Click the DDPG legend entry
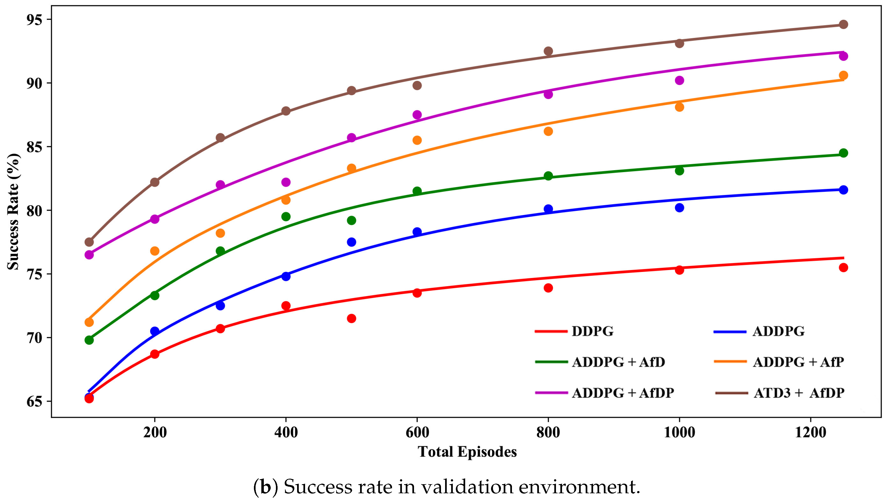(x=574, y=331)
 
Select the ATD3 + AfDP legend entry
(x=780, y=393)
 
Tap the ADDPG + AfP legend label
(x=798, y=362)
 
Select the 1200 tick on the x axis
(x=810, y=433)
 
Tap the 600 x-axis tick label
(x=417, y=433)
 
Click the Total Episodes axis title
(x=467, y=452)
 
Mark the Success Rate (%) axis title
(x=13, y=211)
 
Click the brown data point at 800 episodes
(x=548, y=51)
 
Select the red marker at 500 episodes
(x=352, y=318)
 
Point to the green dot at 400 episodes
(x=286, y=217)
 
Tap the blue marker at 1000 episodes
(x=679, y=208)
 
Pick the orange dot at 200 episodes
(x=155, y=251)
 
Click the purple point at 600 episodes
(x=417, y=115)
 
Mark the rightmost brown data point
(x=844, y=24)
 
